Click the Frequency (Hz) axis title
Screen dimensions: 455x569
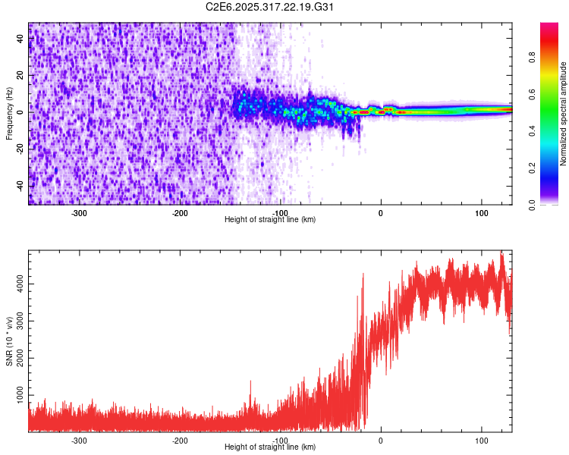9,113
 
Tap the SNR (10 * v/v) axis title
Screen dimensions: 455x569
9,340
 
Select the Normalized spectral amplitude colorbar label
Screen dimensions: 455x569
564,114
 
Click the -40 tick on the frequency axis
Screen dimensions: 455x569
20,186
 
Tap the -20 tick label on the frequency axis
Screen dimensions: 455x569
20,149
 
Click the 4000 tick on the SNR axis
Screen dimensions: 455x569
16,284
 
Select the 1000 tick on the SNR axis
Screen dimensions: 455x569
16,396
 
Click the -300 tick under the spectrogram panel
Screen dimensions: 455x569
79,213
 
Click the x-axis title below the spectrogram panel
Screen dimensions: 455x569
270,220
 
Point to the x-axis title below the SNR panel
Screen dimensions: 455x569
270,447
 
